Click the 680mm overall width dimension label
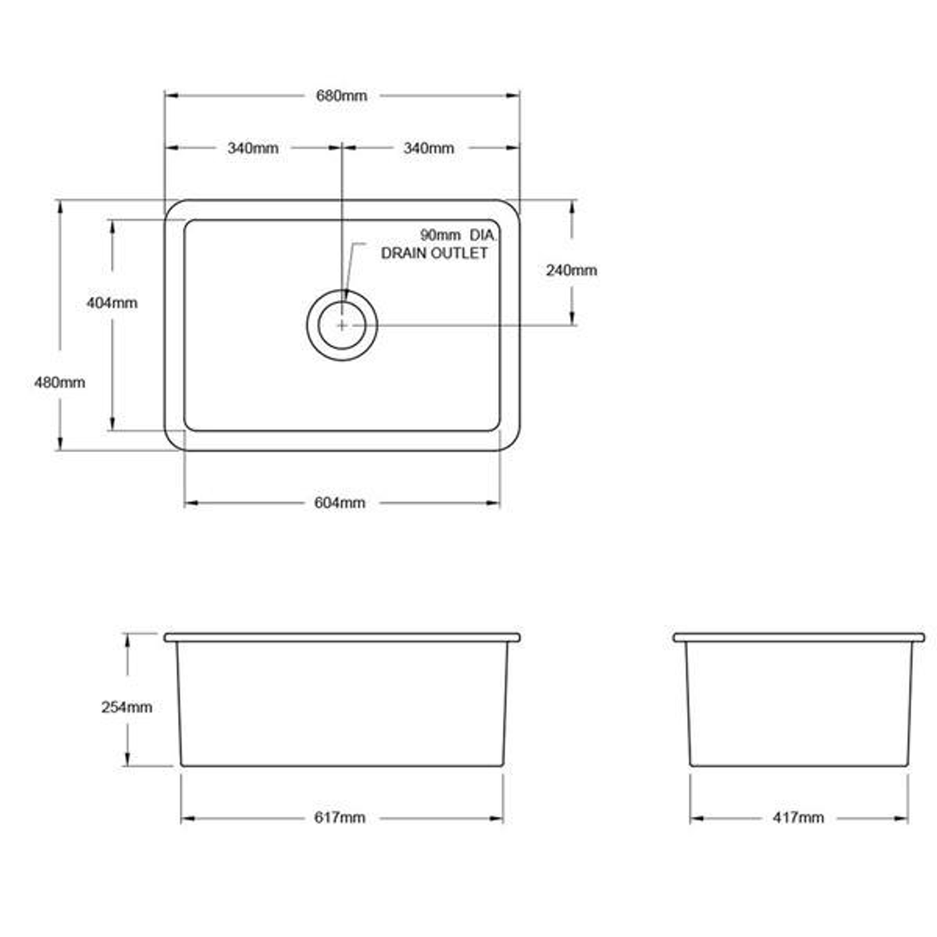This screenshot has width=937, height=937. point(341,96)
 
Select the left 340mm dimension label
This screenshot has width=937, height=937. point(252,148)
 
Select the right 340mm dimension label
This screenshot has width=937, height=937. point(428,148)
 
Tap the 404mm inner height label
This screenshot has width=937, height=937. point(112,303)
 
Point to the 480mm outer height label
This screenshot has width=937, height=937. point(59,382)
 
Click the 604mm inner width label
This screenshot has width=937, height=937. point(339,503)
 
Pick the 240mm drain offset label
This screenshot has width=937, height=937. point(572,270)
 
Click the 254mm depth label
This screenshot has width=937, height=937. point(127,707)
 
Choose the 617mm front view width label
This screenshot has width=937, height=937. point(339,818)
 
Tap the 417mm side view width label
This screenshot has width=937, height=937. point(798,818)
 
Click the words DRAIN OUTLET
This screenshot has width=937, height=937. point(435,253)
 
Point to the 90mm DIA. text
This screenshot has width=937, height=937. point(456,235)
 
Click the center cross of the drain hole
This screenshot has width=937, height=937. point(342,325)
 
